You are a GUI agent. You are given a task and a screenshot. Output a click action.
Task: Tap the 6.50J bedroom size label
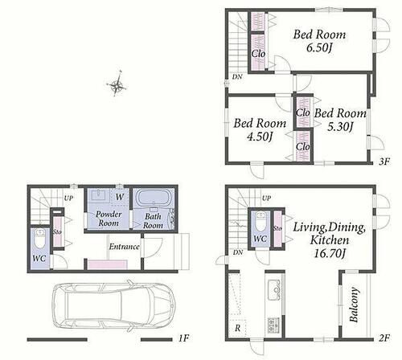coord(319,48)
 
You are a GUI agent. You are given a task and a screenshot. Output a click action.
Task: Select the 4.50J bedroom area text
coord(260,137)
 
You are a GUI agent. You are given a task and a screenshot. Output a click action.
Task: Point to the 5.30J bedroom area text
coord(339,127)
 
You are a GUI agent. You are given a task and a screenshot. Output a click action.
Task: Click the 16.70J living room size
coord(329,252)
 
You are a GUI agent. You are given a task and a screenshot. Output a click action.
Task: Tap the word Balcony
coord(354,305)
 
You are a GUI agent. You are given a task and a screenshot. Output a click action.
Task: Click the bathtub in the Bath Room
coord(153,199)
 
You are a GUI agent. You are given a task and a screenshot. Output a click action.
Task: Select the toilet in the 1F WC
coord(40,239)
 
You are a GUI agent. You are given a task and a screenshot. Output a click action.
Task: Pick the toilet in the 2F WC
coord(260,221)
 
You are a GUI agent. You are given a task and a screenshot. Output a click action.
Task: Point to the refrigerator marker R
coord(237,329)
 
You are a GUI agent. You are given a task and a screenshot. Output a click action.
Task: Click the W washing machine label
coord(120,197)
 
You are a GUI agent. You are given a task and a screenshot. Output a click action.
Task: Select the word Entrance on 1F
coord(124,247)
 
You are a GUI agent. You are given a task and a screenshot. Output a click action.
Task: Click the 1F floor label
coord(183,338)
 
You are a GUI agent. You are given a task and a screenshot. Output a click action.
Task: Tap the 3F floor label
coord(384,162)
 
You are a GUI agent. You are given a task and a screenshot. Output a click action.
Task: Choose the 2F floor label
coord(384,338)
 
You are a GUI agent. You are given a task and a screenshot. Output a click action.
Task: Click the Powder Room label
coord(109,219)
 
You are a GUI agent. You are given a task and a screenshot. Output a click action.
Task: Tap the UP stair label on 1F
coord(68,198)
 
